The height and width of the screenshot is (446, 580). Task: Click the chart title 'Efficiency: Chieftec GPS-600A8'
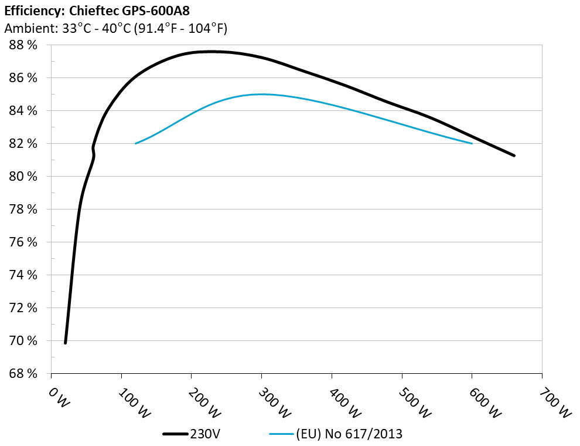[97, 11]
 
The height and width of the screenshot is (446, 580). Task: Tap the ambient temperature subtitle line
[115, 28]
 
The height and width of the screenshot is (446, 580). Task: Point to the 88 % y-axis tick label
[23, 45]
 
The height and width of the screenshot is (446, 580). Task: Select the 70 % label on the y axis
[23, 341]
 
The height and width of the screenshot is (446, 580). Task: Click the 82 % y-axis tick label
[23, 144]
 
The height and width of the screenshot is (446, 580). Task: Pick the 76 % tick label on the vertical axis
[23, 242]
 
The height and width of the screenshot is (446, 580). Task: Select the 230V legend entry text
[206, 434]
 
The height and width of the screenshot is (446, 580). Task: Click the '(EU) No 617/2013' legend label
[350, 434]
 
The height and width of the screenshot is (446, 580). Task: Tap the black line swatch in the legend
[176, 434]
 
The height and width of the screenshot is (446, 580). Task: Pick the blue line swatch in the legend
[281, 434]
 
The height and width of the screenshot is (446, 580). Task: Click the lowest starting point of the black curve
[65, 343]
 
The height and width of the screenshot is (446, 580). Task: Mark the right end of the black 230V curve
[514, 156]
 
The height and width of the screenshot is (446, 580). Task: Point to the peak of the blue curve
[261, 94]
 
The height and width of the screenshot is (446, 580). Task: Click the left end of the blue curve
[136, 143]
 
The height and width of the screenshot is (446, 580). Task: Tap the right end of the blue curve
[472, 143]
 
